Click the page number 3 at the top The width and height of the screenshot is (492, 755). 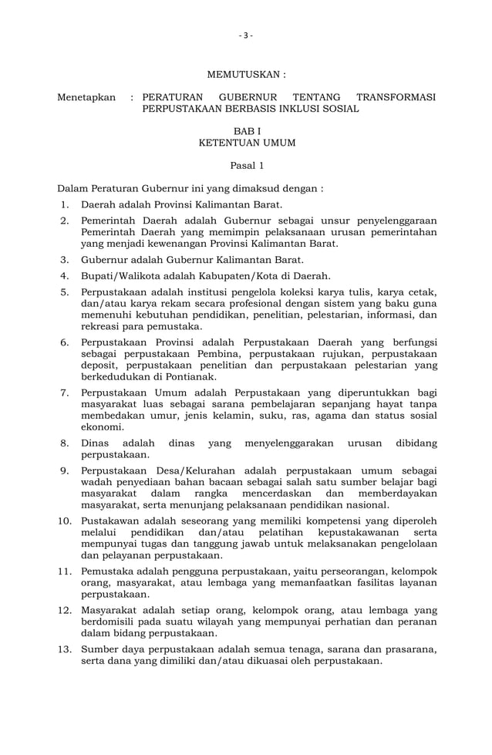(x=245, y=35)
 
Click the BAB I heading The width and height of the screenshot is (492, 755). (x=247, y=132)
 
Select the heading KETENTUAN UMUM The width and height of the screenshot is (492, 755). (x=247, y=143)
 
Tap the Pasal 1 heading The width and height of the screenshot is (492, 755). (x=247, y=165)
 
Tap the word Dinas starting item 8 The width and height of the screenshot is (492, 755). (x=96, y=443)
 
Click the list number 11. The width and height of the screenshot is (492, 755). (x=65, y=571)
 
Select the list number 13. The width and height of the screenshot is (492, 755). (x=65, y=649)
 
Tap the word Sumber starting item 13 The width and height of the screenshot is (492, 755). (x=100, y=649)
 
